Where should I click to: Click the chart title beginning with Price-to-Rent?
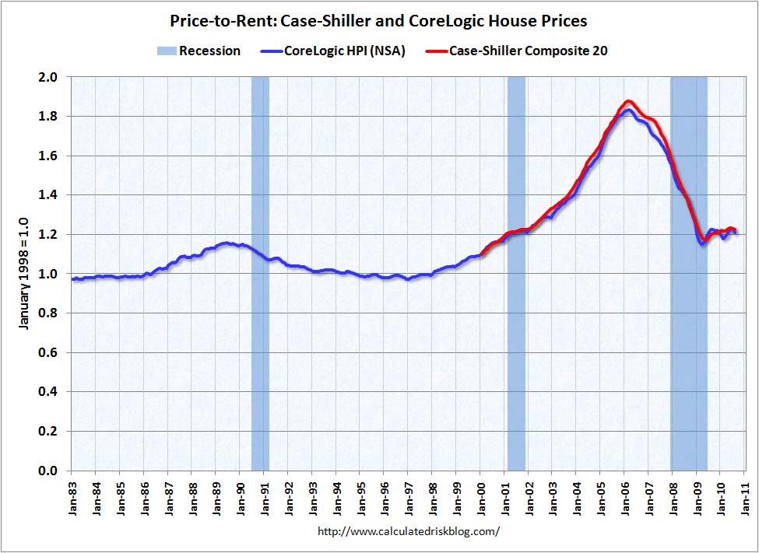pyautogui.click(x=378, y=21)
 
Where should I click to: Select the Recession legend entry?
pyautogui.click(x=199, y=51)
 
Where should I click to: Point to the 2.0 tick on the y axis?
pyautogui.click(x=49, y=77)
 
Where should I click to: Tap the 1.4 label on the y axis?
pyautogui.click(x=49, y=195)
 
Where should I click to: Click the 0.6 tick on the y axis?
pyautogui.click(x=49, y=352)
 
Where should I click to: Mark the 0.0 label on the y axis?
pyautogui.click(x=49, y=471)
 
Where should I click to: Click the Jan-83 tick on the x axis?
pyautogui.click(x=72, y=494)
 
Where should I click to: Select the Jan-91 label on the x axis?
pyautogui.click(x=264, y=494)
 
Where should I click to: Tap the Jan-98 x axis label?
pyautogui.click(x=432, y=494)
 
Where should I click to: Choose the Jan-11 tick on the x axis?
pyautogui.click(x=744, y=494)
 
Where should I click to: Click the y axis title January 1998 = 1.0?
pyautogui.click(x=23, y=273)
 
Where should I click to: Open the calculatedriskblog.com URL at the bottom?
pyautogui.click(x=409, y=532)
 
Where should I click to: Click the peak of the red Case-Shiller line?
pyautogui.click(x=628, y=101)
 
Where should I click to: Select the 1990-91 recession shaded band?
pyautogui.click(x=260, y=273)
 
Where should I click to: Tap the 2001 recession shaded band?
pyautogui.click(x=516, y=273)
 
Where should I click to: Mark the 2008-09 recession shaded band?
pyautogui.click(x=689, y=273)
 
